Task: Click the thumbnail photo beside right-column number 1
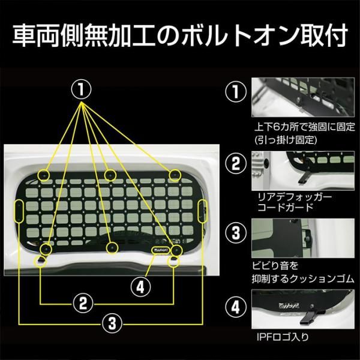304,97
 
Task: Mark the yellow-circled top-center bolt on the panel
109,175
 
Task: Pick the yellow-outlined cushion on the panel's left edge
19,211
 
